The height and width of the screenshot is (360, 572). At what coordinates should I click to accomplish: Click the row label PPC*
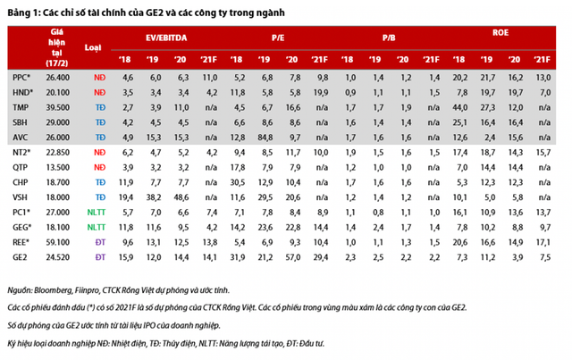pos(21,78)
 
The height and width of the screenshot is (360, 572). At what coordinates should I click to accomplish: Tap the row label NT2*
pos(21,152)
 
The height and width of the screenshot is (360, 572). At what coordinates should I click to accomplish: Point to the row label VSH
pos(19,197)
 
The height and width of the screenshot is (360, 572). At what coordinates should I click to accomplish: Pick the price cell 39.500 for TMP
pos(57,107)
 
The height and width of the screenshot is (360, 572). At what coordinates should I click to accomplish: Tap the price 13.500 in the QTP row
pos(57,167)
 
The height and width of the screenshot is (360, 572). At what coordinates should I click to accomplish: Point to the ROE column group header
pos(500,33)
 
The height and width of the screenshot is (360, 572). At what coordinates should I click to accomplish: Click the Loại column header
pos(93,46)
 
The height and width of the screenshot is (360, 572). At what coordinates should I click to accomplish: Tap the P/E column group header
pos(278,38)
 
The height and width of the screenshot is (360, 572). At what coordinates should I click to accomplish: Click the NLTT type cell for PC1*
pos(93,213)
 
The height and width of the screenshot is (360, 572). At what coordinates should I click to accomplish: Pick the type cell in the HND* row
pos(93,92)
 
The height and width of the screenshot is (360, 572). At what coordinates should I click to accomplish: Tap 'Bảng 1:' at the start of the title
pos(24,11)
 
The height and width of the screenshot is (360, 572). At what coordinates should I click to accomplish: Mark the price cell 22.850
pos(57,152)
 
